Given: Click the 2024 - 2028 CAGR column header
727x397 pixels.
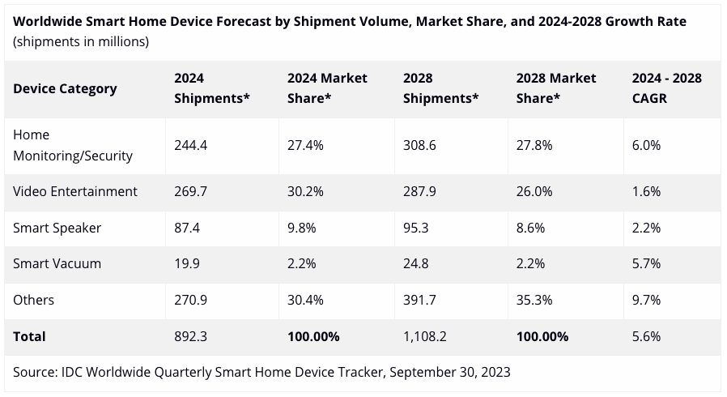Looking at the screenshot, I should point(666,88).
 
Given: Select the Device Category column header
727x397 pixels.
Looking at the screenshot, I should point(65,88).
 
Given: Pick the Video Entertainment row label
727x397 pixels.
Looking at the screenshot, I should point(75,191).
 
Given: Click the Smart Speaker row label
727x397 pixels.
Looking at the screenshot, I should point(57,228).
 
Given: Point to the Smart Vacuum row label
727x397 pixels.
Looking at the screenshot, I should point(56,263).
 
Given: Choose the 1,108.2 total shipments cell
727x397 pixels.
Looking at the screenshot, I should point(424,335).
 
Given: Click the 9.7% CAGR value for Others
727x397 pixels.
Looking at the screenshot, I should point(646,300).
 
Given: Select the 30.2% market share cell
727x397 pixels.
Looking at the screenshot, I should point(305,191).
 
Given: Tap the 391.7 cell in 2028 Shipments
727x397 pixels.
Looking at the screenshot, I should point(419,300).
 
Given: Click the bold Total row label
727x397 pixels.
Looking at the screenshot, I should point(29,335).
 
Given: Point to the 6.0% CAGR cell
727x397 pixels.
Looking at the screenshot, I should point(646,145).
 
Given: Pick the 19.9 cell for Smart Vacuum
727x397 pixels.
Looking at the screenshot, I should point(186,263).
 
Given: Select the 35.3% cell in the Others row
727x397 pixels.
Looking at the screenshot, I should point(534,300).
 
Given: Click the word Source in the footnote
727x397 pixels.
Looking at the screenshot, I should point(33,372).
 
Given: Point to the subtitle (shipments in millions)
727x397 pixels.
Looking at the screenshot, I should point(81,41).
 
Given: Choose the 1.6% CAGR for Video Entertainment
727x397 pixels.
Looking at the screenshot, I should point(646,191).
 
